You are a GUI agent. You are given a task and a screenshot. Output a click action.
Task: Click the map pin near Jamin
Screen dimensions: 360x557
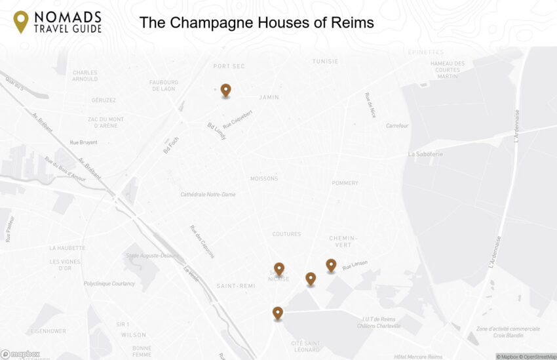pyautogui.click(x=225, y=90)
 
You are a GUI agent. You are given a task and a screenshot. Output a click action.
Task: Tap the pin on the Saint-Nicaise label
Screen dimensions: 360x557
pyautogui.click(x=279, y=269)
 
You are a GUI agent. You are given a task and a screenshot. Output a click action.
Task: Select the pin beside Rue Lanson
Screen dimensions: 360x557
pyautogui.click(x=331, y=265)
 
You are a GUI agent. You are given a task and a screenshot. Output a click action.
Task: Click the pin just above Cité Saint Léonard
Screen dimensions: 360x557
pyautogui.click(x=278, y=313)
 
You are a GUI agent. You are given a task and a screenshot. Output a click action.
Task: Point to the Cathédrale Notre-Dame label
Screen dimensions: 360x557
pyautogui.click(x=208, y=195)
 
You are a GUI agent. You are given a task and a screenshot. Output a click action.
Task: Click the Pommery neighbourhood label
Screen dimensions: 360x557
pyautogui.click(x=345, y=183)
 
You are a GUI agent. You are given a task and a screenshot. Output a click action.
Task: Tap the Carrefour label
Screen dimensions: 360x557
pyautogui.click(x=397, y=126)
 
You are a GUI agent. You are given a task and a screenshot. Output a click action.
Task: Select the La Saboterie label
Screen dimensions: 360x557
pyautogui.click(x=426, y=154)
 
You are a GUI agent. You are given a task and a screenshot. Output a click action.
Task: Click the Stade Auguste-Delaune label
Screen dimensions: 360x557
pyautogui.click(x=152, y=255)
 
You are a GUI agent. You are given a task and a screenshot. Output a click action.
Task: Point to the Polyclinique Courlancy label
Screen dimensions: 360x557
pyautogui.click(x=109, y=284)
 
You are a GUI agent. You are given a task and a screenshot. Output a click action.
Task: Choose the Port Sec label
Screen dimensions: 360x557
pyautogui.click(x=229, y=66)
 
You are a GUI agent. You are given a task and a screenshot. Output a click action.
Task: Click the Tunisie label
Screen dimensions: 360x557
pyautogui.click(x=325, y=62)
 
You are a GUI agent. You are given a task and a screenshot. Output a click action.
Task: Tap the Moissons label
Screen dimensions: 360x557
pyautogui.click(x=264, y=178)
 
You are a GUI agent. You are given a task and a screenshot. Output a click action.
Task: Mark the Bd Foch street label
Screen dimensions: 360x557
pyautogui.click(x=171, y=145)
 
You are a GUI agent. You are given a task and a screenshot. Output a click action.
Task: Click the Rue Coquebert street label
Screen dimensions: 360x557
pyautogui.click(x=238, y=119)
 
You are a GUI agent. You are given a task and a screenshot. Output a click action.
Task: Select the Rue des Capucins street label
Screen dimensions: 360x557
pyautogui.click(x=202, y=242)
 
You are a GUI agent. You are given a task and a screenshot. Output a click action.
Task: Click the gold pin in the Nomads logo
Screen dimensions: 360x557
pyautogui.click(x=21, y=22)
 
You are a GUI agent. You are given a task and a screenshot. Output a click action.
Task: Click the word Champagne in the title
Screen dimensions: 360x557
pyautogui.click(x=234, y=23)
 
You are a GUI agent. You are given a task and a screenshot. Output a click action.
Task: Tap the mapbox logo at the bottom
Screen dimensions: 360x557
pyautogui.click(x=20, y=354)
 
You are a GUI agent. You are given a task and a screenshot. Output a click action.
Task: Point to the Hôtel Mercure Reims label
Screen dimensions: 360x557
pyautogui.click(x=418, y=357)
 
